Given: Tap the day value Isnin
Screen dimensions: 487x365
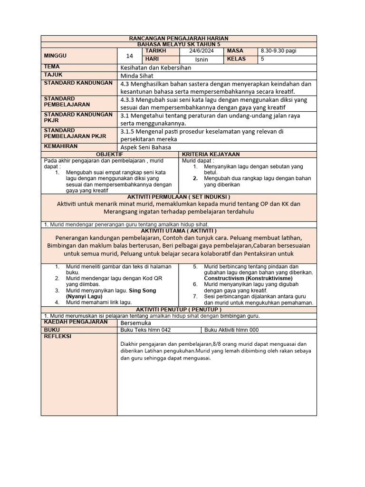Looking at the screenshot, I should coord(202,60).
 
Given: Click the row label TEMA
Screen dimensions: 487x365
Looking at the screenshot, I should coord(52,67).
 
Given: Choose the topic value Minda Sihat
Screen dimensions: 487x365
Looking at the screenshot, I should coord(135,76).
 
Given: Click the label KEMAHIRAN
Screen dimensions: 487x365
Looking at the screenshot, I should coord(60,146).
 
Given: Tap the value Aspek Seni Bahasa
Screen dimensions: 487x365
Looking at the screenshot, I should coord(145,147).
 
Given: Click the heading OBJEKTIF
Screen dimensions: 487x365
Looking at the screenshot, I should coord(109,155).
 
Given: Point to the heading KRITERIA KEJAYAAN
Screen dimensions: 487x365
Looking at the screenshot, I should coord(211,155).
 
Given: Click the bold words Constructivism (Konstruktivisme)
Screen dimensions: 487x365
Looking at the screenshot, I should coord(248,278).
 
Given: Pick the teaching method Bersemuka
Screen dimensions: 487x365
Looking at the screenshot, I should coord(136,323).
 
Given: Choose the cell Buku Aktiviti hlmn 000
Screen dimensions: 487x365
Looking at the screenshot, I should coord(232,330).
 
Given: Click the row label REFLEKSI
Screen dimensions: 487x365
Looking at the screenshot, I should coord(58,336).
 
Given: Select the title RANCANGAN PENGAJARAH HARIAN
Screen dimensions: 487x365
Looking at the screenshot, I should coord(179,38).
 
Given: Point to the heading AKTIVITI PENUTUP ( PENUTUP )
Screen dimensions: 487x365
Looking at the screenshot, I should coord(179,310).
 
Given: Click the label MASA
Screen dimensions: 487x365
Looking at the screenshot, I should coord(235,51).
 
